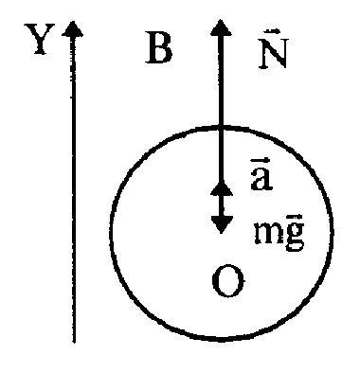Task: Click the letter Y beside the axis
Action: (x=39, y=39)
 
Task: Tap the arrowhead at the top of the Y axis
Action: (x=73, y=29)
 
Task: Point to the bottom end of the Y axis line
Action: (x=74, y=342)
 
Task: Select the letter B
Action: (x=159, y=48)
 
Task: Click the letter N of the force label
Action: (x=273, y=53)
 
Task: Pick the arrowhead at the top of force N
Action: (x=221, y=27)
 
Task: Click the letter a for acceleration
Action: (x=261, y=178)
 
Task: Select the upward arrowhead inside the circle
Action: (x=222, y=188)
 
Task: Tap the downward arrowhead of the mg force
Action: (x=222, y=224)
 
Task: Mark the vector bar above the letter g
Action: (x=295, y=217)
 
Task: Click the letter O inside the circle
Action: (x=228, y=281)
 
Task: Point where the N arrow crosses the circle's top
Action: (x=222, y=128)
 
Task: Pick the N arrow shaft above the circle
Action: (x=222, y=81)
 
